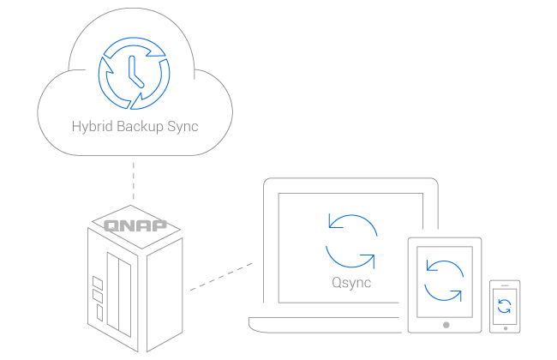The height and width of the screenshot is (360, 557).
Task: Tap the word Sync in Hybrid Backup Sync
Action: click(184, 127)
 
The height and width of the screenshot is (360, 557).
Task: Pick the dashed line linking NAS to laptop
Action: click(222, 275)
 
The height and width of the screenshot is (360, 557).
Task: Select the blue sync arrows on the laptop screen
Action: click(350, 241)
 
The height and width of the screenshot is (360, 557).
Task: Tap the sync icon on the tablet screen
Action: click(444, 280)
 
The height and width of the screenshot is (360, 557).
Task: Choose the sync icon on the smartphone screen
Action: click(505, 306)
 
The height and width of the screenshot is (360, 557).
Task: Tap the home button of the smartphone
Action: click(505, 327)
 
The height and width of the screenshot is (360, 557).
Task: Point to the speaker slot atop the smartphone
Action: click(505, 286)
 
